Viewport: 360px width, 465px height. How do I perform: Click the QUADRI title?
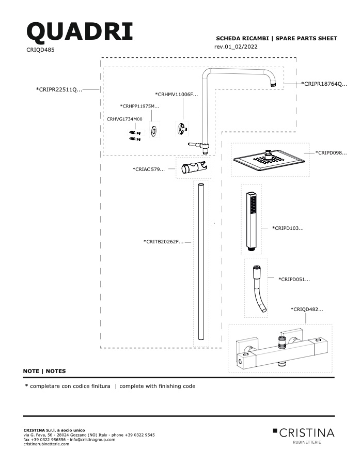click(80, 32)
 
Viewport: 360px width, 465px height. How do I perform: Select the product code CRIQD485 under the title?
click(40, 50)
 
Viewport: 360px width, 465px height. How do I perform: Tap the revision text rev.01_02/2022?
click(236, 47)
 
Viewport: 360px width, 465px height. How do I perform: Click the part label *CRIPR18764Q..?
click(324, 84)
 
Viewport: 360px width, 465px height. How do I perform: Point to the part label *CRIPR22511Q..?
click(59, 89)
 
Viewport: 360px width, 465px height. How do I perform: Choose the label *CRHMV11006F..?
click(177, 95)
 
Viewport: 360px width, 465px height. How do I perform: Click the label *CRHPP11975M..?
click(139, 106)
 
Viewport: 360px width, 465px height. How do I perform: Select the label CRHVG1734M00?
click(124, 119)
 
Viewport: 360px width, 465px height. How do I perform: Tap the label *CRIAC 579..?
click(149, 169)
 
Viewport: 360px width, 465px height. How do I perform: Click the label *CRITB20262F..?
click(163, 242)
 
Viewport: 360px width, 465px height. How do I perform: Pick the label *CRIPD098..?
click(331, 153)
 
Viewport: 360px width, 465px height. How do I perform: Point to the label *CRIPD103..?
click(288, 228)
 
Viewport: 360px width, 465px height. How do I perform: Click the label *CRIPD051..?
click(294, 280)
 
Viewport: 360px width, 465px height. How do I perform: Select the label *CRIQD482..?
click(307, 309)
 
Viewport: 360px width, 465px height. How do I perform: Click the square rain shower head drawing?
click(269, 160)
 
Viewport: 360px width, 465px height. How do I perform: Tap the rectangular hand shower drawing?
click(251, 221)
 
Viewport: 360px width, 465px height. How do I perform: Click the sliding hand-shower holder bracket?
click(194, 168)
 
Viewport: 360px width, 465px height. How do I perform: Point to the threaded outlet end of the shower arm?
click(274, 84)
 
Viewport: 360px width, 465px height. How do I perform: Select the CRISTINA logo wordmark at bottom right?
click(307, 433)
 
